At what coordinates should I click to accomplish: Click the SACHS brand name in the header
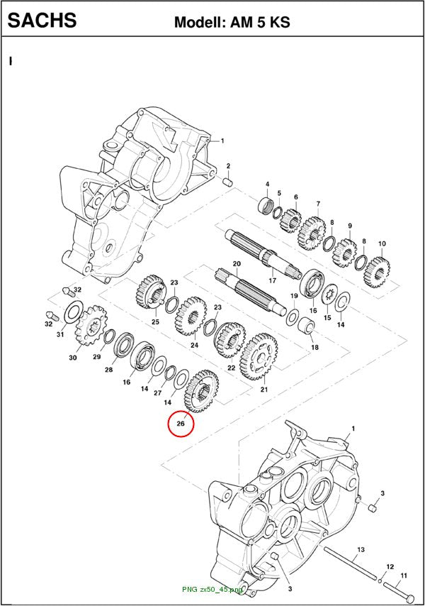tap(42, 20)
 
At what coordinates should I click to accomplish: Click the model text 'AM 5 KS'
tap(260, 22)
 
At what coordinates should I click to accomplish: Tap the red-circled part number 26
tap(181, 424)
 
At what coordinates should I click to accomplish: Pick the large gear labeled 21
tap(259, 357)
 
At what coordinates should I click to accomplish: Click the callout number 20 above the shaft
tap(237, 263)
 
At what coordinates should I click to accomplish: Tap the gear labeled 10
tap(377, 272)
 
